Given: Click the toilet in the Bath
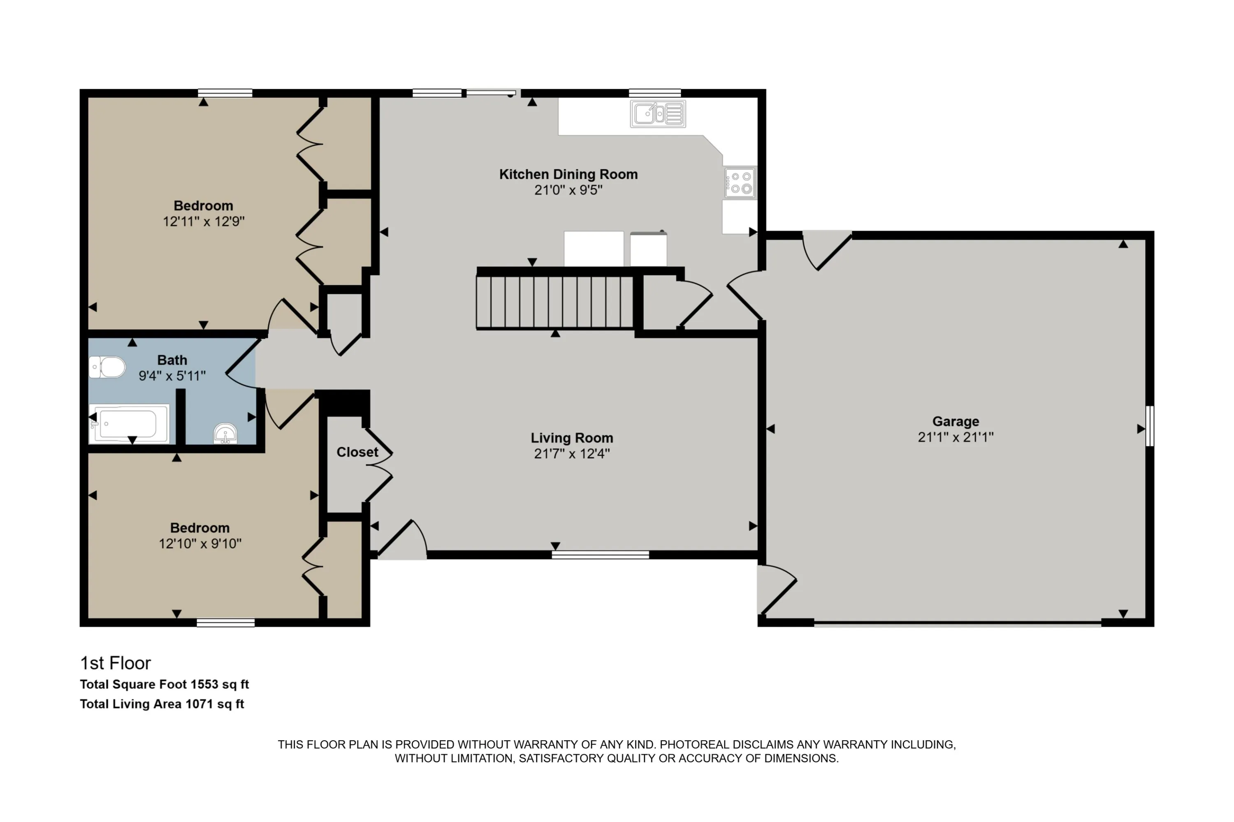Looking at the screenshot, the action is click(x=107, y=367).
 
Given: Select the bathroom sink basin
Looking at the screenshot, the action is click(x=225, y=434).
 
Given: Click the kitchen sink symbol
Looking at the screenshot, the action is click(x=658, y=113).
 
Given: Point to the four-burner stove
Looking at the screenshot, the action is click(x=740, y=182).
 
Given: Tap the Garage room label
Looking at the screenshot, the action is click(x=956, y=422).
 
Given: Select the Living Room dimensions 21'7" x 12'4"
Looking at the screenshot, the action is click(x=572, y=453).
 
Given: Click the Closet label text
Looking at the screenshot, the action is click(x=357, y=452).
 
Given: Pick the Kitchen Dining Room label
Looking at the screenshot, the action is click(x=568, y=174).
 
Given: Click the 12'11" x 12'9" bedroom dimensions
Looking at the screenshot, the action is click(x=204, y=221).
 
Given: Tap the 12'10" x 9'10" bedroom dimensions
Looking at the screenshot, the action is click(x=200, y=544).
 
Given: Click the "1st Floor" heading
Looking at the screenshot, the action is click(x=116, y=663).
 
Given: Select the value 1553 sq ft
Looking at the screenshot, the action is click(x=220, y=684).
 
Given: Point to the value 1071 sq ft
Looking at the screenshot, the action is click(x=215, y=704).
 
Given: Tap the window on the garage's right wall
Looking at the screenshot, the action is click(x=1150, y=426).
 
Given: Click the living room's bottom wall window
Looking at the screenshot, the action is click(x=600, y=554).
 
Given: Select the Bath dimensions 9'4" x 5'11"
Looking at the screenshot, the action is click(x=172, y=376).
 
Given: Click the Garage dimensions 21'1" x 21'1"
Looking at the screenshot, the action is click(x=956, y=437).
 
